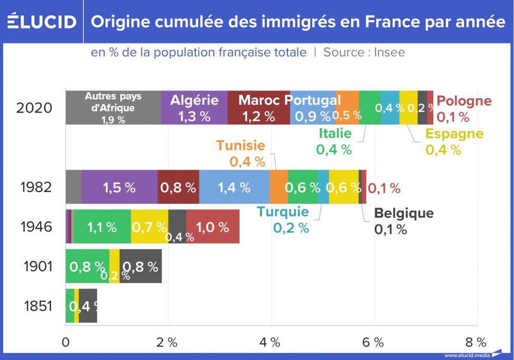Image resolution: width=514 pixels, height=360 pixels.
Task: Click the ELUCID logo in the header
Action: [42, 22]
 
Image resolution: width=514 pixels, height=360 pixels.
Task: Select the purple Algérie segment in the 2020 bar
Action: [194, 107]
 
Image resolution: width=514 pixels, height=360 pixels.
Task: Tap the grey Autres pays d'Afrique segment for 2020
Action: [113, 107]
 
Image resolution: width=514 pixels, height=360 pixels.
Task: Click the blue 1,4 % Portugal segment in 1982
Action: [234, 187]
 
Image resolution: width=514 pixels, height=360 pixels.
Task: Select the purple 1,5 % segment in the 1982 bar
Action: [119, 187]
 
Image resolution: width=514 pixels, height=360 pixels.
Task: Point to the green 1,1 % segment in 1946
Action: [102, 226]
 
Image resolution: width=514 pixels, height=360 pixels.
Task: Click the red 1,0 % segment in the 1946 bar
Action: [213, 226]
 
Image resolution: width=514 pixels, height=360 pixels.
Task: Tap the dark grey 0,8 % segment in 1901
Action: [140, 266]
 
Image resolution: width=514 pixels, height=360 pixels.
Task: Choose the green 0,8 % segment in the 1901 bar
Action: [87, 266]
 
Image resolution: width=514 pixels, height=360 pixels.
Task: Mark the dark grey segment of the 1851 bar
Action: [88, 306]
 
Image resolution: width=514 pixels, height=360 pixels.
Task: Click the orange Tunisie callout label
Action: [241, 146]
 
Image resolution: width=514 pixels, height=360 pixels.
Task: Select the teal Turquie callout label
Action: [283, 211]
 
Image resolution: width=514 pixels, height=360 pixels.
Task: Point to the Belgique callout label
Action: [403, 213]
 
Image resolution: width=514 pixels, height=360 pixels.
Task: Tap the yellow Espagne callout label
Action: [454, 134]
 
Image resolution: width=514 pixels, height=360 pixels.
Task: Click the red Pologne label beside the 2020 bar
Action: [466, 101]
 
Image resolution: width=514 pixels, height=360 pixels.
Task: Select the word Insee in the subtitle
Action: [389, 52]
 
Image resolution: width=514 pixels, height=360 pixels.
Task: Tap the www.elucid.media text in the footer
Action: [467, 355]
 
